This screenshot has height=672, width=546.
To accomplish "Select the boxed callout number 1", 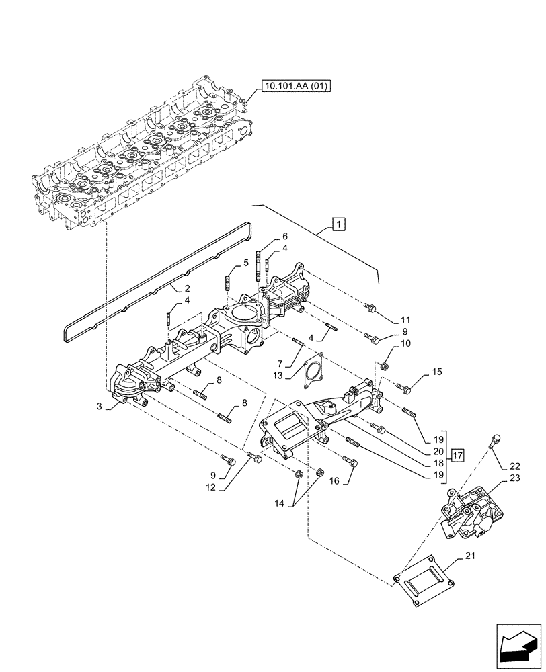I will pos(339,224).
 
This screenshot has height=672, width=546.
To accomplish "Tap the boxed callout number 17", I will pos(458,456).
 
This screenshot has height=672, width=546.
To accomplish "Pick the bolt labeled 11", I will pos(369,308).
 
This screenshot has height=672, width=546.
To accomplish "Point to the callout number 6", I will pos(284,236).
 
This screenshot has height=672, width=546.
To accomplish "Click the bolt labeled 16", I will pos(349,461).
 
